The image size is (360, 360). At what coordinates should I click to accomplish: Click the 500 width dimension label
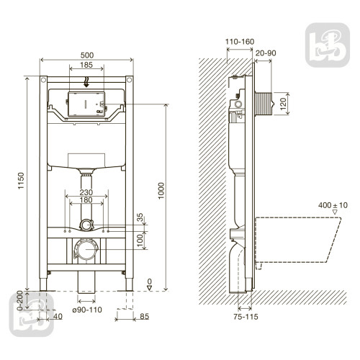(87, 55)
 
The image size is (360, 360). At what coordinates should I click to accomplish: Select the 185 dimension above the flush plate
(86, 65)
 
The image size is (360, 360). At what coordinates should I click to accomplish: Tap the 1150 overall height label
(21, 181)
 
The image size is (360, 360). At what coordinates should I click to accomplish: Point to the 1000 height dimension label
(161, 191)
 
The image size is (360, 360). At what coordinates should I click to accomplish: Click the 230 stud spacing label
(86, 192)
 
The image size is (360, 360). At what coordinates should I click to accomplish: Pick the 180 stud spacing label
(86, 199)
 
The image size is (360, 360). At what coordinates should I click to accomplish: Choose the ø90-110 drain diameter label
(87, 310)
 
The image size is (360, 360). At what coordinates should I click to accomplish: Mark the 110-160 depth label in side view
(240, 42)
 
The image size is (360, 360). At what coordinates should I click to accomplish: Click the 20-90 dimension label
(266, 53)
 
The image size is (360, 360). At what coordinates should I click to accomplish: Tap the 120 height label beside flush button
(283, 104)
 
